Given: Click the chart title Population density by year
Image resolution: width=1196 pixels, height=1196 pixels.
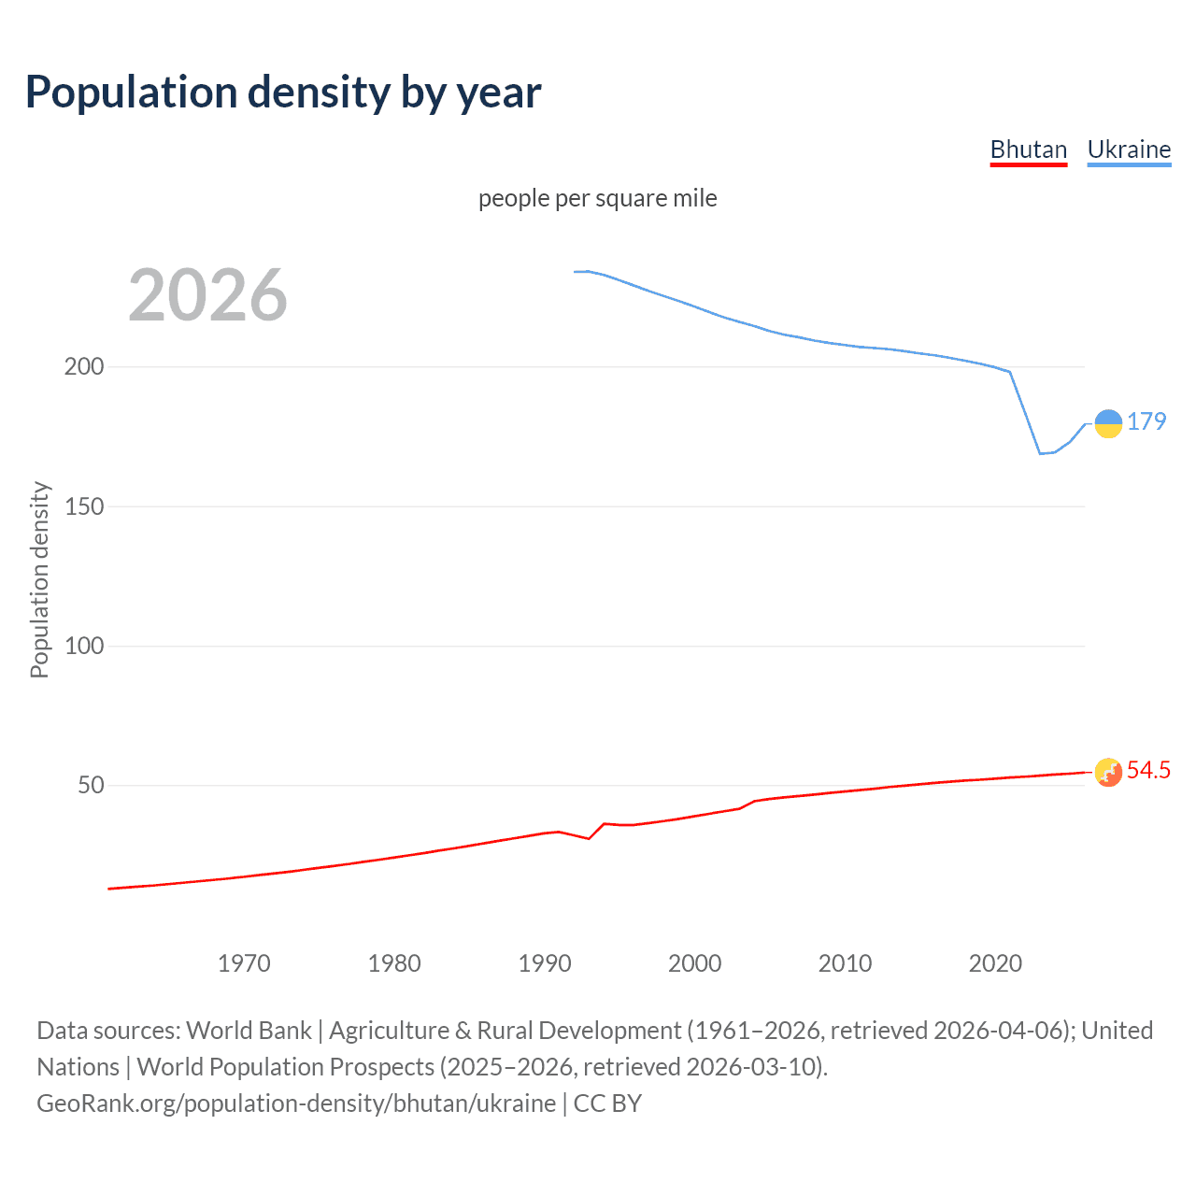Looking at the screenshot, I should point(283,93).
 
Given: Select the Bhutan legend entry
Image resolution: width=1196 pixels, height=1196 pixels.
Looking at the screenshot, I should point(1028,149).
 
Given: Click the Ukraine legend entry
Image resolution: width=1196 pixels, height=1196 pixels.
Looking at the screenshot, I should point(1129,149).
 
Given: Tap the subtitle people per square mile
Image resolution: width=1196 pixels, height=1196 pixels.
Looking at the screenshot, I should point(597,198).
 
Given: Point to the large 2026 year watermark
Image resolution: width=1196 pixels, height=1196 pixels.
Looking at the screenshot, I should point(207,295).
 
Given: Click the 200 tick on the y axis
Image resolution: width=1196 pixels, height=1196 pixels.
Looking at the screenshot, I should point(84,366).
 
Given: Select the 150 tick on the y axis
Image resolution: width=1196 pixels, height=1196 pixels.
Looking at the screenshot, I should point(84,506).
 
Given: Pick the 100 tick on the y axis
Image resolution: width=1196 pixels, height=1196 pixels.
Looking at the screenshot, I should point(84,646).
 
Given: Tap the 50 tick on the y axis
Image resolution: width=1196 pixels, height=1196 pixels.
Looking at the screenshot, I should point(91,785).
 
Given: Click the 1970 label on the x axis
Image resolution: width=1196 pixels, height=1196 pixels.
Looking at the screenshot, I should point(244,963).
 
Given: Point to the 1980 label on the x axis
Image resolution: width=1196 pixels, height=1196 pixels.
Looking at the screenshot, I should point(394,963).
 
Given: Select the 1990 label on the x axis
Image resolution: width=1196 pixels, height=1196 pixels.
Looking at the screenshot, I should point(545,963).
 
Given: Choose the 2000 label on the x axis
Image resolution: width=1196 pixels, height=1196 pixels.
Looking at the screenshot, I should point(695,963).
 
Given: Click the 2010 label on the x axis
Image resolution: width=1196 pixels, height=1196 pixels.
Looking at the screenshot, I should point(846,963).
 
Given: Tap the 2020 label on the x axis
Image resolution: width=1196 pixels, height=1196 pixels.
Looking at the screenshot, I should point(995,963).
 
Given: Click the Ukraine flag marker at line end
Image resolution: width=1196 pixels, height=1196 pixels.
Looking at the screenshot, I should point(1108,423).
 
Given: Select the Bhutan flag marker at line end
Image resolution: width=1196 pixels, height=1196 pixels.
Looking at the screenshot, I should point(1108,772).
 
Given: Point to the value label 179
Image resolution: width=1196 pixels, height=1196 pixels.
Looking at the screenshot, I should point(1146,421).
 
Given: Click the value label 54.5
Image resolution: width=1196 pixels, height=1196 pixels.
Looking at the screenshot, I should point(1148,770).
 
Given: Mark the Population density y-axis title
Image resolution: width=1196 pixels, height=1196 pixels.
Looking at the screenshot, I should point(39,579).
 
